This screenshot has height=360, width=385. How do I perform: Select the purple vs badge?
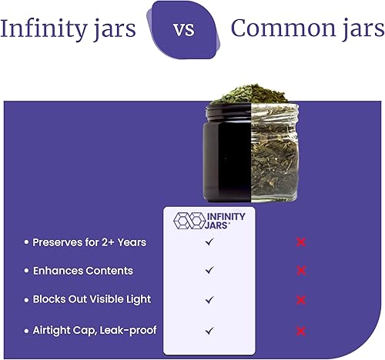click(182, 30)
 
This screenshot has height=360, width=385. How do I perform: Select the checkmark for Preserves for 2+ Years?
click(209, 242)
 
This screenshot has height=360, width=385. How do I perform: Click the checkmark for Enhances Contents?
click(209, 271)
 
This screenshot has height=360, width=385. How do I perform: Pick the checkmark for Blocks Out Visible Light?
click(209, 300)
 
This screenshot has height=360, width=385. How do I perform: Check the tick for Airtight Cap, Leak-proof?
click(209, 330)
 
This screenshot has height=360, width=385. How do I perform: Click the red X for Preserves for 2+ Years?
click(301, 242)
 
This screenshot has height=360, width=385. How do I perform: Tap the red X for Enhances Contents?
click(301, 271)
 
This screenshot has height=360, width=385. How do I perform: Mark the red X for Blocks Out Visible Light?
click(301, 300)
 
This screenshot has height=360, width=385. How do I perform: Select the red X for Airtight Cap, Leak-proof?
click(301, 330)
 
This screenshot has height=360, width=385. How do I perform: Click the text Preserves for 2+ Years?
click(89, 242)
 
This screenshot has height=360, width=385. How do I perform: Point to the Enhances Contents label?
click(82, 271)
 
